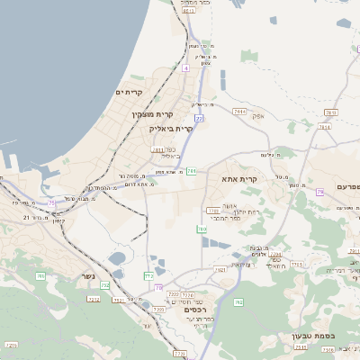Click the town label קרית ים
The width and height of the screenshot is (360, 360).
coord(130,92)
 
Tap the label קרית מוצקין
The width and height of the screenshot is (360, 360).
coord(153,113)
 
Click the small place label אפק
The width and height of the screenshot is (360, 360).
coord(257,115)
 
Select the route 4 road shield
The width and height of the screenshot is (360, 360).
coord(185,67)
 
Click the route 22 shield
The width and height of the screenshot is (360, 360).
coord(198,117)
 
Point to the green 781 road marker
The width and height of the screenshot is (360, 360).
coord(192,170)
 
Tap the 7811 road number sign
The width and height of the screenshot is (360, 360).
coord(158,149)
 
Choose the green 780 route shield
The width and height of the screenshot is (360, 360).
coord(202,229)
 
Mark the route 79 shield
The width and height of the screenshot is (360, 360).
coord(319,192)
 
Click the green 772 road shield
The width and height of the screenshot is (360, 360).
coord(148,274)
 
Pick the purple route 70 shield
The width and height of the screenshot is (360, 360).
coord(158,288)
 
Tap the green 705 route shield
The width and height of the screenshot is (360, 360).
coord(40,276)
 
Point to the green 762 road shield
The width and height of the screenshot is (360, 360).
coord(238,302)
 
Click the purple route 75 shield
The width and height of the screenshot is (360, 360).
coord(52,203)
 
